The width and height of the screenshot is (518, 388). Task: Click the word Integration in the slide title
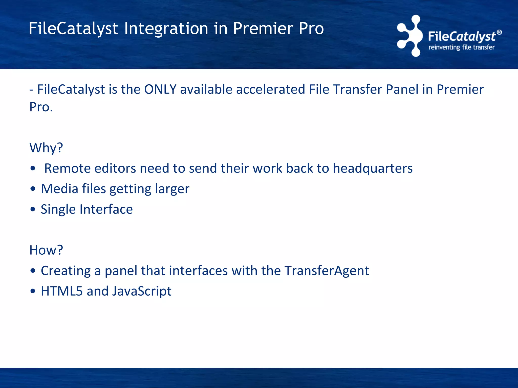point(166,28)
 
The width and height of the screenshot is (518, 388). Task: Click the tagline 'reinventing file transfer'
point(461,47)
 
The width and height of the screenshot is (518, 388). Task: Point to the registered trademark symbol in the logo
point(499,32)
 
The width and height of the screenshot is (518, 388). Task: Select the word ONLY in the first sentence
point(160,89)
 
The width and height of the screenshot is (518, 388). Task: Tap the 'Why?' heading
point(46,148)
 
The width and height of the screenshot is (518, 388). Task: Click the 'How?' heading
point(46,250)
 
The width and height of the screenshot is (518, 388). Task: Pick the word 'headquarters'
point(373,168)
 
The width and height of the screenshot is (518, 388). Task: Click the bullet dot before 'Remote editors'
point(33,168)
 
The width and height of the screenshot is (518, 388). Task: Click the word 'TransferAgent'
point(327,271)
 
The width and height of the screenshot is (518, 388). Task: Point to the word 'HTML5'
point(62,291)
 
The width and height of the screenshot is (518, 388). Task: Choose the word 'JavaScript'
point(142,291)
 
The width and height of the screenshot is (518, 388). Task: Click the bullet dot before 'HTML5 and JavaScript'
point(33,291)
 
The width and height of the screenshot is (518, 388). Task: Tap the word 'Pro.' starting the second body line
point(41,107)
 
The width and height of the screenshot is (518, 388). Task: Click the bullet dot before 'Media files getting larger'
point(33,189)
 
